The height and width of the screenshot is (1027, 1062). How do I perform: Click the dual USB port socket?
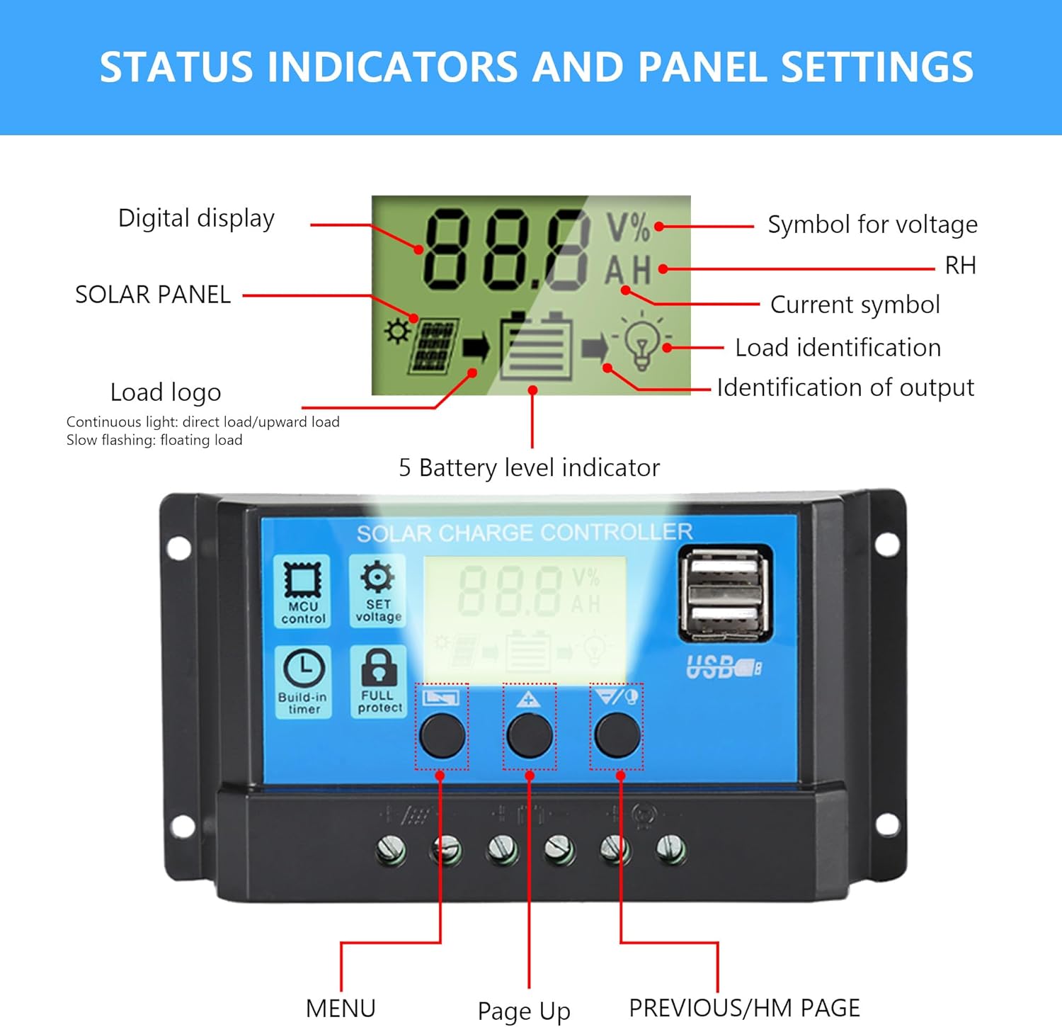coord(724,594)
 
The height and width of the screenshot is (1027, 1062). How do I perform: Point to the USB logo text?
coord(723,667)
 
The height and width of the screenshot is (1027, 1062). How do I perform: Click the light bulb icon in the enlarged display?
coord(641,342)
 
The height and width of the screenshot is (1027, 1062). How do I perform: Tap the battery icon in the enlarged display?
coord(536,347)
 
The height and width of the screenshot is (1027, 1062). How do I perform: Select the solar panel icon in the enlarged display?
coord(433,346)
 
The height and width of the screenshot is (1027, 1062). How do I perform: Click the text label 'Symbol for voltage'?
coord(872,225)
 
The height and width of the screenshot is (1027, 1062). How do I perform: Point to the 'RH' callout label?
coord(960,266)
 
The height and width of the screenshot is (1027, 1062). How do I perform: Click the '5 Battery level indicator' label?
coord(529,467)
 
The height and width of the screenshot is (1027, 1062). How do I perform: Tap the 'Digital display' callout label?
coord(196,218)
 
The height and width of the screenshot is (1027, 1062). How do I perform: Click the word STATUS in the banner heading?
coord(176,67)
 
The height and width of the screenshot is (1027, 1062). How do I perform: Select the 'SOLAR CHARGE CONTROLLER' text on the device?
coord(524,533)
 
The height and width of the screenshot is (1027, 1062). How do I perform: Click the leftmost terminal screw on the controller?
coord(392,849)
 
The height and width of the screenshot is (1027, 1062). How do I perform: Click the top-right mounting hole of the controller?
coord(886,544)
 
